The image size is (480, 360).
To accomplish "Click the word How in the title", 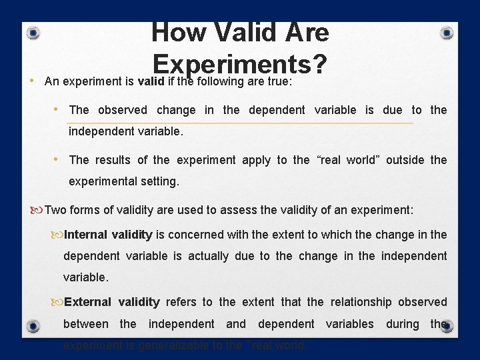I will (x=175, y=33).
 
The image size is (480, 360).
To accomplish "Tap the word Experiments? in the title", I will (x=239, y=63).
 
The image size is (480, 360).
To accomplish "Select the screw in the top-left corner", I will (x=33, y=33).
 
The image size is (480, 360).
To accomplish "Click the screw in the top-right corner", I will (x=447, y=33).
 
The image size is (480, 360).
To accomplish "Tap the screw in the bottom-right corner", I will (x=447, y=326).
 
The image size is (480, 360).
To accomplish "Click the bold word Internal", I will (x=86, y=235).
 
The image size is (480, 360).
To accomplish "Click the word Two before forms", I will (x=55, y=210).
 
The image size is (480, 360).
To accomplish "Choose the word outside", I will (x=405, y=160).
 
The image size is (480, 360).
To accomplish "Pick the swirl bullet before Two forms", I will (x=37, y=211).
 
